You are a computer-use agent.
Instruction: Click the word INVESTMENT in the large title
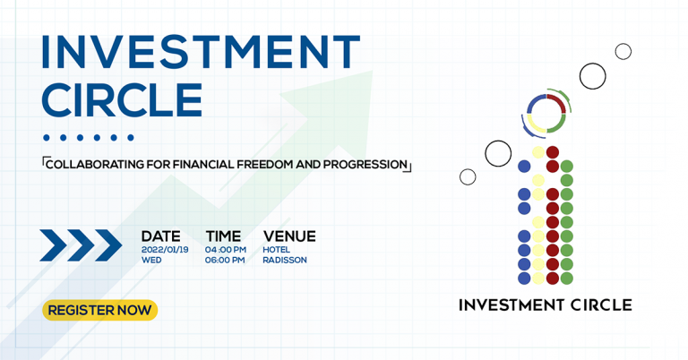click(x=200, y=53)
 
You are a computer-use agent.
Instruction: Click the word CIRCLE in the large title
click(x=122, y=100)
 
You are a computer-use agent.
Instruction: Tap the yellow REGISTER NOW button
click(x=99, y=310)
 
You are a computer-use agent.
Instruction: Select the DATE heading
click(x=160, y=236)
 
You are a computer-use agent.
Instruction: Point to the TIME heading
click(x=223, y=236)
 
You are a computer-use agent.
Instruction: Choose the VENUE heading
click(x=289, y=236)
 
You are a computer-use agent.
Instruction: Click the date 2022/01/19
click(x=165, y=250)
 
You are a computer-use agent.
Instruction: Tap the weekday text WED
click(x=151, y=261)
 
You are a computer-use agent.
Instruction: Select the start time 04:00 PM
click(x=225, y=250)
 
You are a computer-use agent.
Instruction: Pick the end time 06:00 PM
click(x=225, y=261)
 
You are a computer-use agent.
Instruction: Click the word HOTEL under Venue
click(x=276, y=250)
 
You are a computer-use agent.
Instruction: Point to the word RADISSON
click(x=285, y=261)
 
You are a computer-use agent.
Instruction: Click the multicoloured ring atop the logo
click(x=546, y=114)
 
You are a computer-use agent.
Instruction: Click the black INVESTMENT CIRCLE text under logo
click(x=545, y=305)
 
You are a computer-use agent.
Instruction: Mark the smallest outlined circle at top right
click(x=623, y=51)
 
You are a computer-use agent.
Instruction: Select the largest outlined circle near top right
click(x=592, y=76)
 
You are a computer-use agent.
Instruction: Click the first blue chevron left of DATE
click(x=52, y=245)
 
